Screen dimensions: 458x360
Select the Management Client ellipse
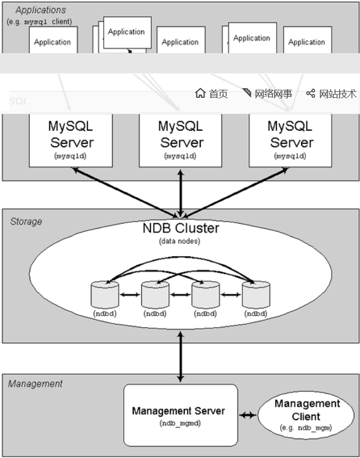[x=306, y=415]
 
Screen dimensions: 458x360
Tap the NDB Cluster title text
[x=181, y=228]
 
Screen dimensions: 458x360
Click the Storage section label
[x=26, y=222]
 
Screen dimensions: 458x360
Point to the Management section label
[x=35, y=384]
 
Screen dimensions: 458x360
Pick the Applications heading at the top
[x=40, y=10]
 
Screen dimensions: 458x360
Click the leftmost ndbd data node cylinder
[x=105, y=295]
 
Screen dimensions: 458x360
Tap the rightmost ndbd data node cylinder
[x=256, y=295]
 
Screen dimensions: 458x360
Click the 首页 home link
[x=218, y=94]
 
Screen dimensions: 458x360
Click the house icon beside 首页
[x=200, y=94]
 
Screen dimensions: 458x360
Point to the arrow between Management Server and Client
[x=247, y=415]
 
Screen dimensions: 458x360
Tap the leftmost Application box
[x=53, y=41]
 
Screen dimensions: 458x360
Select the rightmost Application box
[x=307, y=41]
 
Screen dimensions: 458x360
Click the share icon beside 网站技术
[x=311, y=94]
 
